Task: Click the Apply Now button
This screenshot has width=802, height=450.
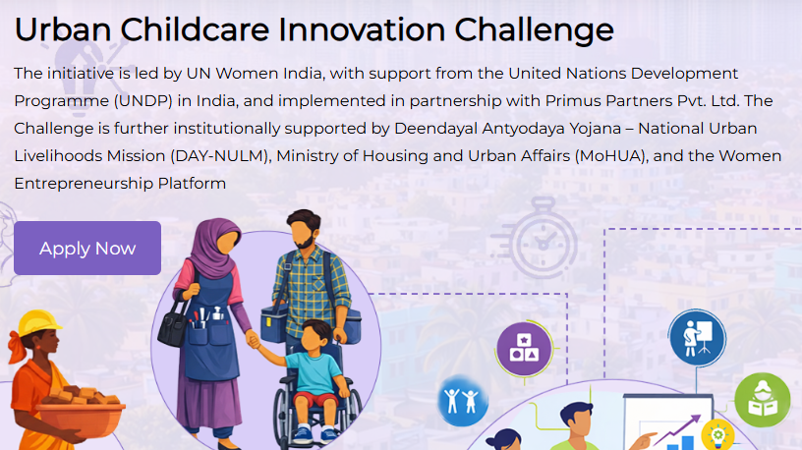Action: point(87,249)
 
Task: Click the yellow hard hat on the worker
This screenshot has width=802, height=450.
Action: point(40,323)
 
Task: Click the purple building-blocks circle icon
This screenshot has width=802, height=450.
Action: point(524,349)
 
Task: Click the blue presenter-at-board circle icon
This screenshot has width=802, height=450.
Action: point(697,337)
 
